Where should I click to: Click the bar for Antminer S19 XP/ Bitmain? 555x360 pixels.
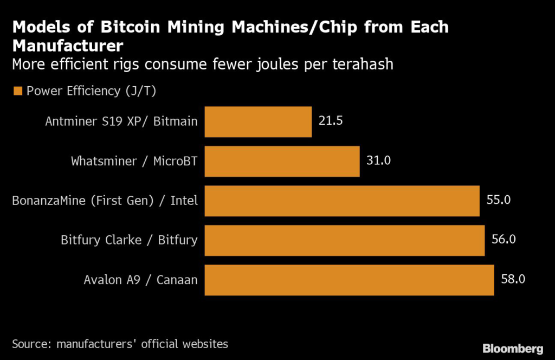pos(258,121)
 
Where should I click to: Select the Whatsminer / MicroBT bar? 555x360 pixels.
pos(282,161)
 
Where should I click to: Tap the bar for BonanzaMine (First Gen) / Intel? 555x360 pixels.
pos(342,201)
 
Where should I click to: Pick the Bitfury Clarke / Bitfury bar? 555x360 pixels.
pos(344,240)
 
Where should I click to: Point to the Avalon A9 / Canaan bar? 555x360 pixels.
pos(349,280)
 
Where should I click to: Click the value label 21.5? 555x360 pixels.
pos(331,120)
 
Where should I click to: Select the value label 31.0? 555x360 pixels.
pos(378,160)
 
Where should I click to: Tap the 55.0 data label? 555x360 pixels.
pos(498,200)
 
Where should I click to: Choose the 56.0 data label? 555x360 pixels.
pos(503,239)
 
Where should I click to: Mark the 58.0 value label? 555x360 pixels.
pos(513,279)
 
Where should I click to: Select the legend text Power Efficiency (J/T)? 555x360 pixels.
pos(91,91)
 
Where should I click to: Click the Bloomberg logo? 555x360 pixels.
pos(513,348)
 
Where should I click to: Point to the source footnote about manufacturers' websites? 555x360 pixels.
pos(120,344)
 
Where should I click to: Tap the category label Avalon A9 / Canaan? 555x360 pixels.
pos(140,280)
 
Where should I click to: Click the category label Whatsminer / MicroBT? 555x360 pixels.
pos(134,161)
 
